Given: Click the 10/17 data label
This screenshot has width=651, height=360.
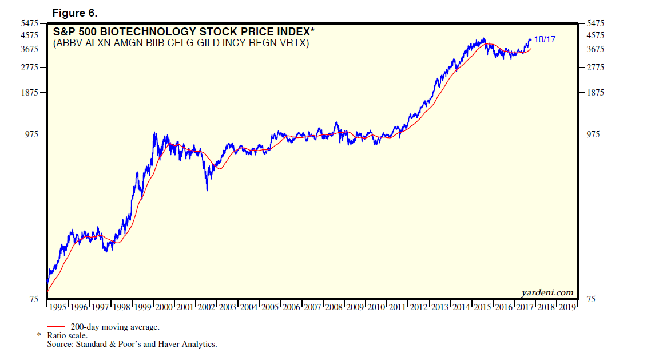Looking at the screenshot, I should coord(545,39).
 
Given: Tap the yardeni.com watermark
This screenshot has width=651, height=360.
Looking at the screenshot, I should coord(547,292).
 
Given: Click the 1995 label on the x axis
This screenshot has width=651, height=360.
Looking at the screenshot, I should coord(57,307).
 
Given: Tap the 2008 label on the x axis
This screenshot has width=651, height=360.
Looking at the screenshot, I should coord(334,307).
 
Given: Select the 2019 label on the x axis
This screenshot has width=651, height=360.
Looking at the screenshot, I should coord(567,307).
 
